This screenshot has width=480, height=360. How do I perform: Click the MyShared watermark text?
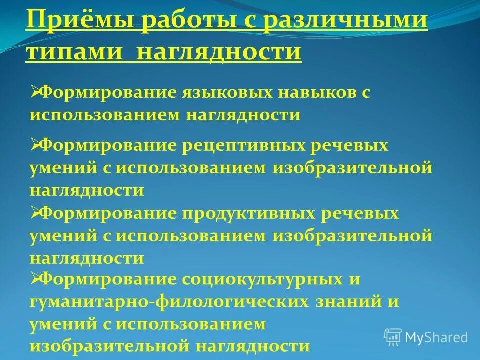(x=436, y=337)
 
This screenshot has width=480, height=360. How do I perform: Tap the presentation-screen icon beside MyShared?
(x=393, y=337)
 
